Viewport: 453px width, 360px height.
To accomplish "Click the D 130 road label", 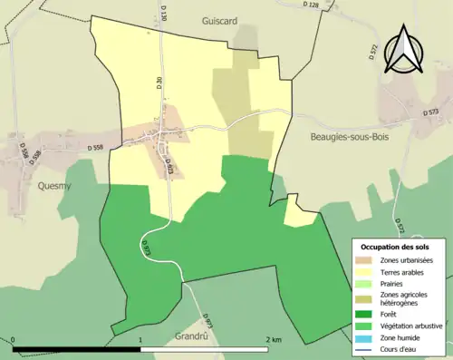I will click(165, 13).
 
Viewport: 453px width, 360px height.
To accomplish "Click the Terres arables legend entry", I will click(400, 272).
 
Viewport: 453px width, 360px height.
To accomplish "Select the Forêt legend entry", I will click(388, 316).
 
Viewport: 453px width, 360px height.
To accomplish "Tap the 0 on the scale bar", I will click(14, 339).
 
